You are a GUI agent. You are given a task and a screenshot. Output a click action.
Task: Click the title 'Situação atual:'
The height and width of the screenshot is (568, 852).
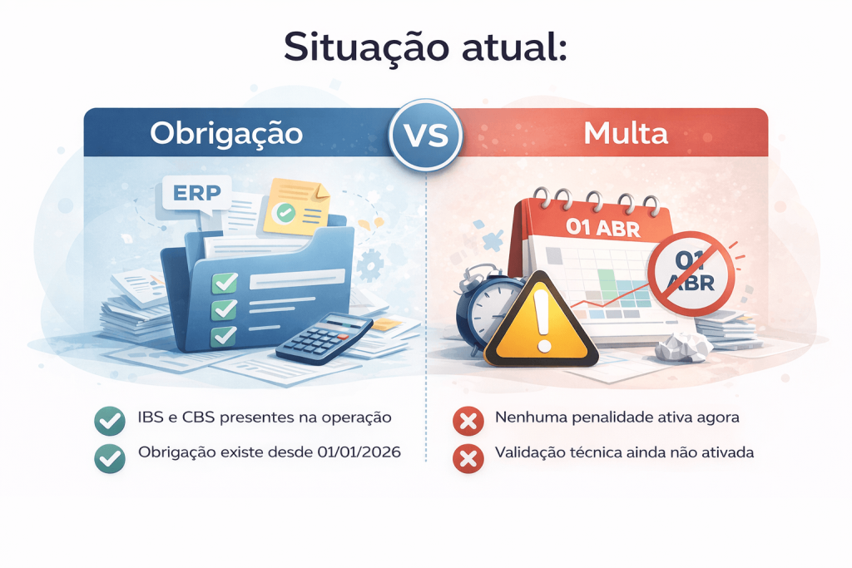click(x=425, y=47)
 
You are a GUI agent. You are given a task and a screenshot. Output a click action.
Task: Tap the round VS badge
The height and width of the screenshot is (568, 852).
click(x=426, y=135)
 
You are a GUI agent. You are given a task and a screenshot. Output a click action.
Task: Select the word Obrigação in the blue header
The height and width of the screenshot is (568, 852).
click(x=226, y=134)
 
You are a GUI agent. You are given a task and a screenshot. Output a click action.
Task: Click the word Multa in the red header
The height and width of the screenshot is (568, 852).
click(x=626, y=133)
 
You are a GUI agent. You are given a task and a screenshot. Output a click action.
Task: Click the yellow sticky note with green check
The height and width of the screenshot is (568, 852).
click(x=297, y=207)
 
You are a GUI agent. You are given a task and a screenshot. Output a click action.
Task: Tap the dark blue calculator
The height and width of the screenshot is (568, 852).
click(x=324, y=338)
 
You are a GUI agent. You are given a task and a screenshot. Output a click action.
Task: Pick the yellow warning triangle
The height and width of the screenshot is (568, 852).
click(x=541, y=320)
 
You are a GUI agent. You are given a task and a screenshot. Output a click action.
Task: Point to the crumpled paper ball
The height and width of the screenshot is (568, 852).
click(x=683, y=347)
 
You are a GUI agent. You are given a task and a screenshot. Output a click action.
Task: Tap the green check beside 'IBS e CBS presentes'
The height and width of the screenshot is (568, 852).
click(x=110, y=421)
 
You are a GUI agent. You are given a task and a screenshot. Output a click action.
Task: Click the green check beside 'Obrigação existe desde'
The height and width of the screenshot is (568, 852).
click(x=110, y=458)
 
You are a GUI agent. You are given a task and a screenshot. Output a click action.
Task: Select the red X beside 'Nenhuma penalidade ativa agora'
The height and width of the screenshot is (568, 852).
click(x=468, y=421)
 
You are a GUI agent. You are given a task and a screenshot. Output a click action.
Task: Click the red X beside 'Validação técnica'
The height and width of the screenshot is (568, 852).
click(x=468, y=458)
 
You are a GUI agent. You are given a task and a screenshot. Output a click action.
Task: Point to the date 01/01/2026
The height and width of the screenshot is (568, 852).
click(x=359, y=452)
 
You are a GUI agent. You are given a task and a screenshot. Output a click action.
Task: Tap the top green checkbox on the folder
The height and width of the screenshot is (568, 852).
click(x=225, y=283)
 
